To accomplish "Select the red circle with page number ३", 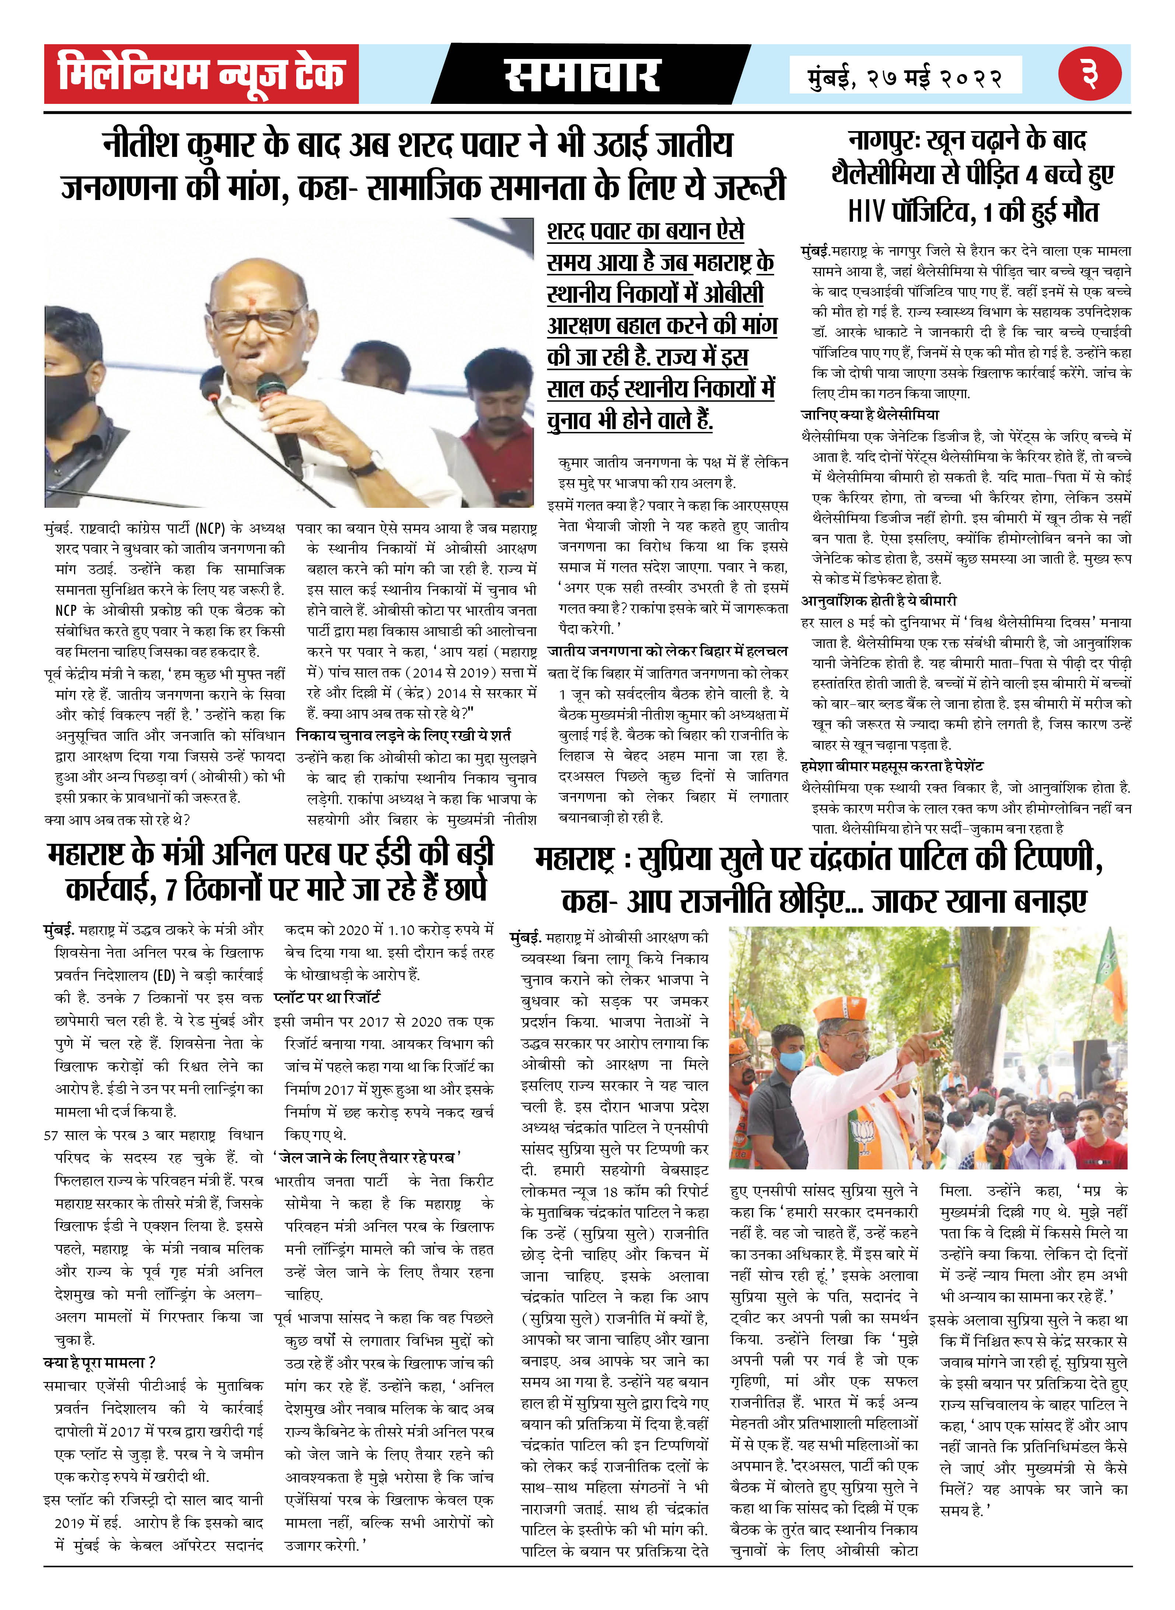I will click(1089, 74).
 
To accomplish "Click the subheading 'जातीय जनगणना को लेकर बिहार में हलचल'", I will click(667, 651).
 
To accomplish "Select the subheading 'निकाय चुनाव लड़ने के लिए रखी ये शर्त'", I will click(403, 735).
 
